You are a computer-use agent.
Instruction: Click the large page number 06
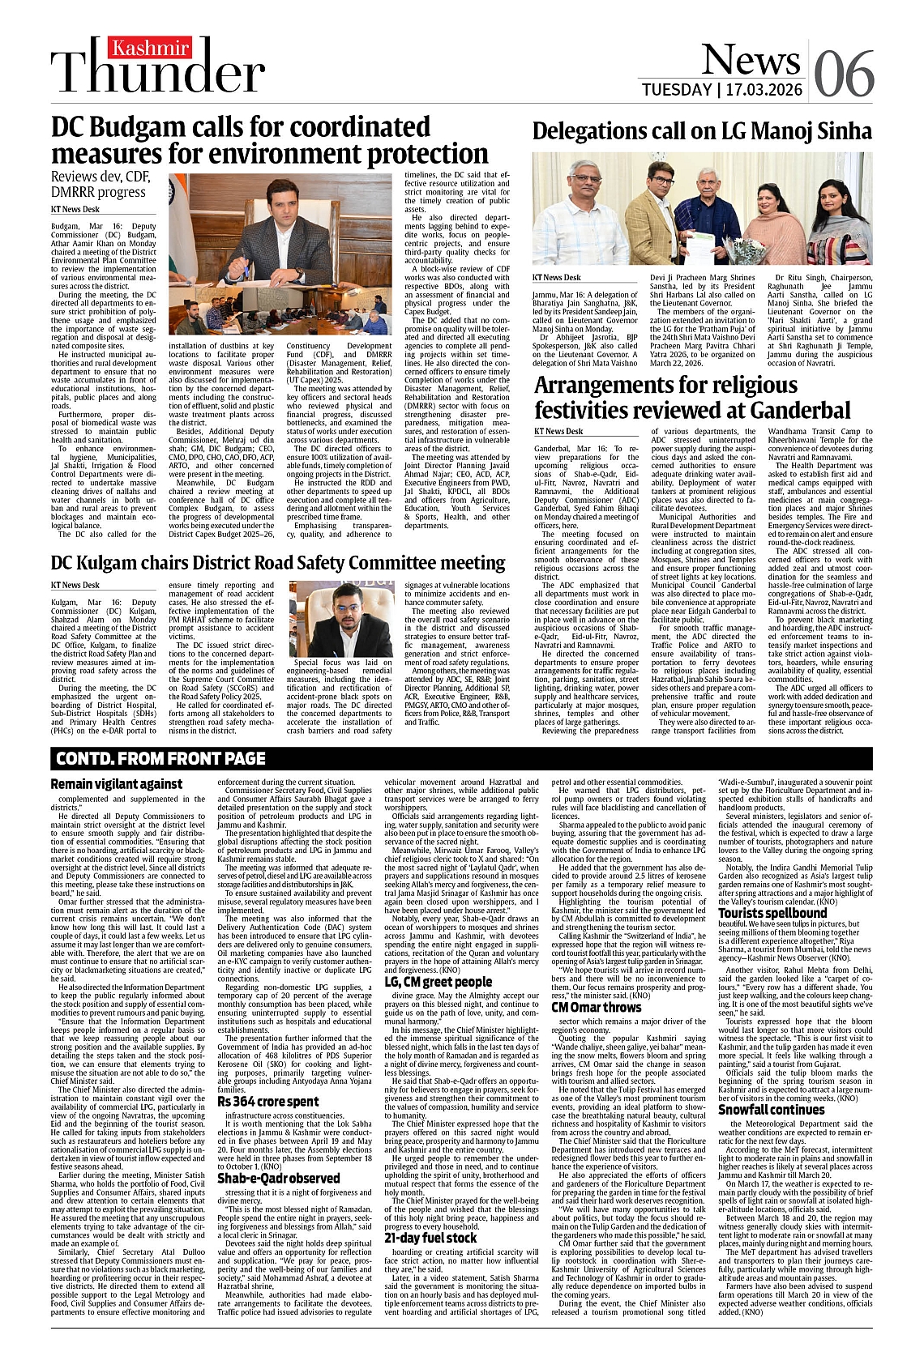click(844, 74)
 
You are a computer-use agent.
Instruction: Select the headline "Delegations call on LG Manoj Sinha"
click(702, 131)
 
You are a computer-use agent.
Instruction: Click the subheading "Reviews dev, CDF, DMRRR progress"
click(98, 185)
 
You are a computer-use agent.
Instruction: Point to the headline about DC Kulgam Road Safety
click(278, 561)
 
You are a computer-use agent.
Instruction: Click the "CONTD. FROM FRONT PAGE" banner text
click(160, 758)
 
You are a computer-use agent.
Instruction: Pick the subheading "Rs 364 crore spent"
click(267, 1102)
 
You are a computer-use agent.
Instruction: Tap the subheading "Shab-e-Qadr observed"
click(278, 1178)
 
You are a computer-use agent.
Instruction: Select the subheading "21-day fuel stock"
click(430, 1238)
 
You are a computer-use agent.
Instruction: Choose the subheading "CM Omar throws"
click(596, 1007)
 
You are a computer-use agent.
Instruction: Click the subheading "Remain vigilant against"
click(116, 784)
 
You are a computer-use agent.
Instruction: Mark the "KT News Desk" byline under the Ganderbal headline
click(558, 432)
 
